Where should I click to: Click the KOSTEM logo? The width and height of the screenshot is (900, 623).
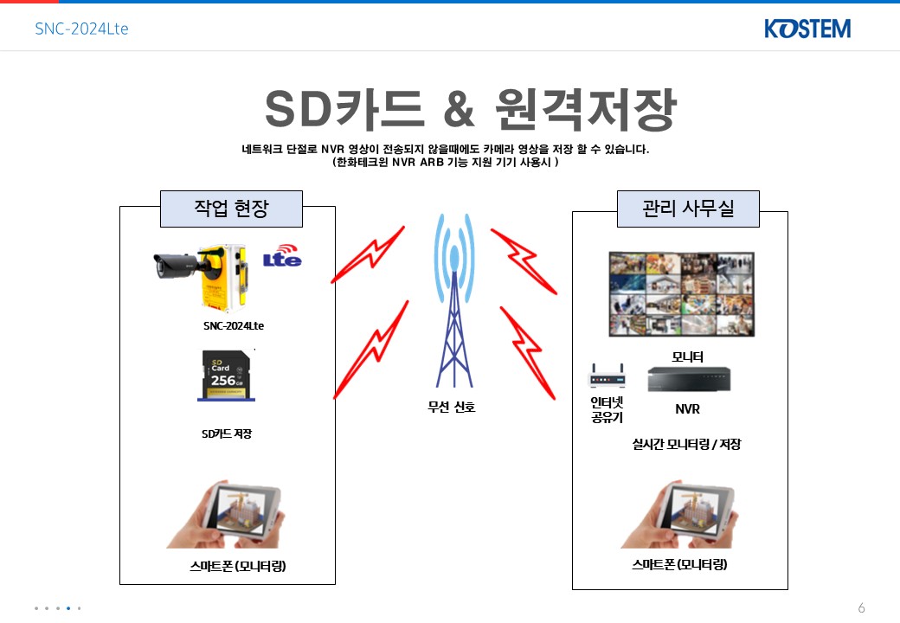coord(807,29)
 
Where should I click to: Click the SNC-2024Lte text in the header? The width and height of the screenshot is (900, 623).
coord(81,29)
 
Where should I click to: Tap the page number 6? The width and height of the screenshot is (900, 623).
coord(861,607)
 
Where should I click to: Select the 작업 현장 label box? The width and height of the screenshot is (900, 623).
coord(231,209)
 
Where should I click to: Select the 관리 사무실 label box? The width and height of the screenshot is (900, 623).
coord(688,209)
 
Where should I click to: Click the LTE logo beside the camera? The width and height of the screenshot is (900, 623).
coord(282,257)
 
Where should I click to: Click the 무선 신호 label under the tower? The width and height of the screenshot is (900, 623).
coord(452,407)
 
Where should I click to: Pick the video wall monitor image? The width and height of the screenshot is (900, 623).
coord(681,294)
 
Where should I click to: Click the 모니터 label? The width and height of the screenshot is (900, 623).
coord(688,356)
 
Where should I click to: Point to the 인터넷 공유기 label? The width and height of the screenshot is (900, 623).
coord(607,409)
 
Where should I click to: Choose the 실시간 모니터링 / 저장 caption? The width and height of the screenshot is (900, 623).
coord(687,445)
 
